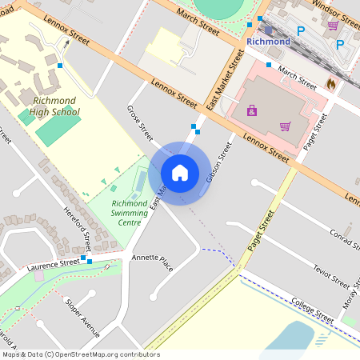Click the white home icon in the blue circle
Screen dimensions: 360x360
(180, 172)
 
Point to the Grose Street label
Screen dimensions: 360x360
(139, 122)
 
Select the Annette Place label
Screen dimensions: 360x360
(153, 262)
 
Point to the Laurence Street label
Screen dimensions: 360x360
(53, 262)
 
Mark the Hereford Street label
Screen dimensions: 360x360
(78, 229)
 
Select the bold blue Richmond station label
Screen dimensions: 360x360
(268, 41)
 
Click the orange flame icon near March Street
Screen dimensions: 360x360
(331, 83)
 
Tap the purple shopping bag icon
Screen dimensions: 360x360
(252, 110)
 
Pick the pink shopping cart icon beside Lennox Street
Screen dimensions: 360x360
(285, 126)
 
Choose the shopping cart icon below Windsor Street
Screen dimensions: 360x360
(332, 26)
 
